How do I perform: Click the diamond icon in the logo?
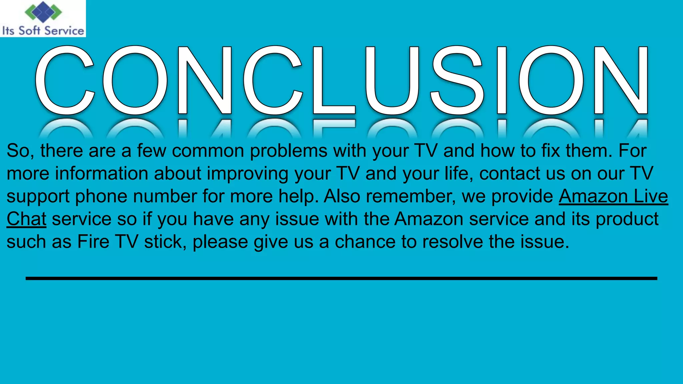click(43, 12)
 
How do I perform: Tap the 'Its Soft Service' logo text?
click(43, 31)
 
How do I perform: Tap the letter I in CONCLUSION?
click(502, 80)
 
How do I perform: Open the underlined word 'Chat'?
click(26, 219)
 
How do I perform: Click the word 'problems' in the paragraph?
click(288, 151)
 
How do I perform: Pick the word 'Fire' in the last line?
click(93, 242)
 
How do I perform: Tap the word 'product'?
click(627, 219)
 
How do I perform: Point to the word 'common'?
click(208, 151)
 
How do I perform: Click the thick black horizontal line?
click(341, 278)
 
